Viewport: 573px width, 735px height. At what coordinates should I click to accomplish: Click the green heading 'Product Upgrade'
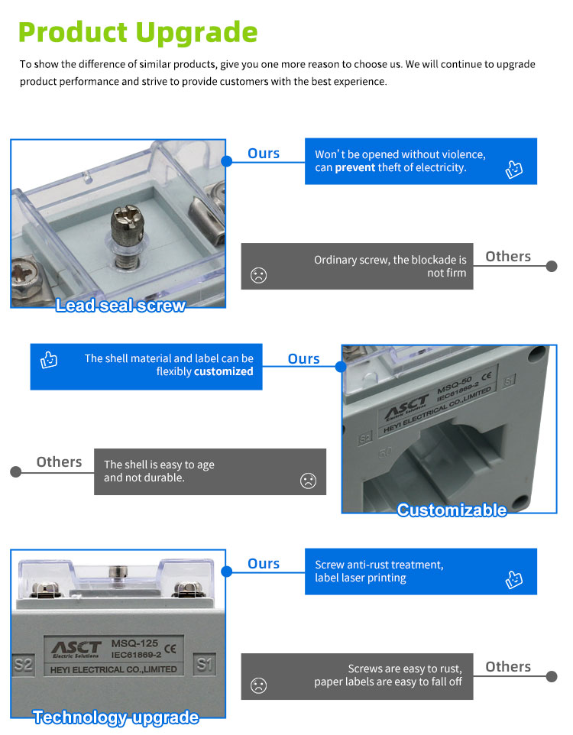[x=138, y=33]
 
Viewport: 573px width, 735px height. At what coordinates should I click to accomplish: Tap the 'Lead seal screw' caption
[x=121, y=305]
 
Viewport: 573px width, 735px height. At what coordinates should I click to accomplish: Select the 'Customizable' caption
[x=452, y=510]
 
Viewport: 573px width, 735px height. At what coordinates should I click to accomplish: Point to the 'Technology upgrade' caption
[x=116, y=717]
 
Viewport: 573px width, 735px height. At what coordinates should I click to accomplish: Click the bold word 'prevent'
[x=355, y=168]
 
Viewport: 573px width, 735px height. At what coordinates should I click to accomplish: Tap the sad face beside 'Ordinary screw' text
[x=258, y=275]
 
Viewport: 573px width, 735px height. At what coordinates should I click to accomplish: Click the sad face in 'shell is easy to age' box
[x=308, y=481]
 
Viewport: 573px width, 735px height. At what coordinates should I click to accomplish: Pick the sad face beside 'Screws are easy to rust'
[x=258, y=686]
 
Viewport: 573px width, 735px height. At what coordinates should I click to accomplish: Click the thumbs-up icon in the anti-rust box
[x=513, y=579]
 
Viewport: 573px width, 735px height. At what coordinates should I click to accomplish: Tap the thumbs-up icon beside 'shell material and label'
[x=49, y=360]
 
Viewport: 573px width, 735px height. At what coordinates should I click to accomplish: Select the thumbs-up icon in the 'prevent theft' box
[x=513, y=169]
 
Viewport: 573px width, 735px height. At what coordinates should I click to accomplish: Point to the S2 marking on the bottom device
[x=23, y=664]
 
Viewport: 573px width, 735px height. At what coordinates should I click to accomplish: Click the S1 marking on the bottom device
[x=205, y=664]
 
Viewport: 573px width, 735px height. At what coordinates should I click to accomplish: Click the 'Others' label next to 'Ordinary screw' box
[x=508, y=257]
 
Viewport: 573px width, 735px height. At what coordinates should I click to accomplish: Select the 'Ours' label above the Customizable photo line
[x=303, y=359]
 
